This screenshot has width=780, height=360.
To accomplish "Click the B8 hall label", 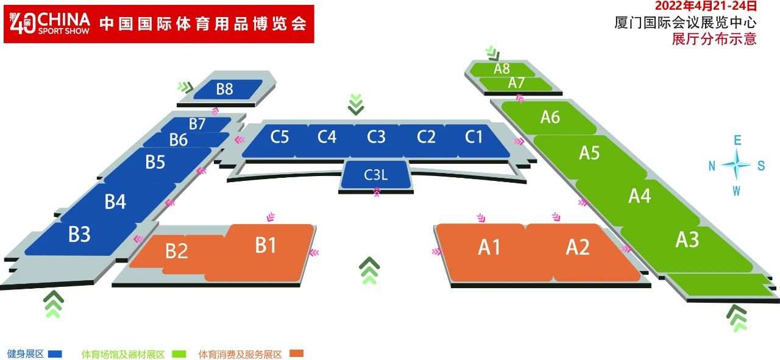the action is pyautogui.click(x=224, y=89).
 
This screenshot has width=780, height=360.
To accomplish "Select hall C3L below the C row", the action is pyautogui.click(x=375, y=175).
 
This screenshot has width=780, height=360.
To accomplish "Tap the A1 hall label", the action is pyautogui.click(x=489, y=247).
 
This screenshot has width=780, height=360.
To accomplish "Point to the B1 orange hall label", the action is pyautogui.click(x=266, y=245).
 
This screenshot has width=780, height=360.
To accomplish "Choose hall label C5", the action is pyautogui.click(x=279, y=137).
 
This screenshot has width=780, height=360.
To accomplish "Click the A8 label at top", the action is pyautogui.click(x=502, y=69).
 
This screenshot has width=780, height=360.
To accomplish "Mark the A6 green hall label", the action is pyautogui.click(x=550, y=117).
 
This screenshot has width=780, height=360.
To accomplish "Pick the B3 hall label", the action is pyautogui.click(x=79, y=234).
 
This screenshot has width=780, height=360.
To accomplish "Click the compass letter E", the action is pyautogui.click(x=737, y=140).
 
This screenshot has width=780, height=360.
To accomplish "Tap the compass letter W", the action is pyautogui.click(x=736, y=191).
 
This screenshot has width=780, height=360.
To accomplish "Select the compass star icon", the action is pyautogui.click(x=736, y=164).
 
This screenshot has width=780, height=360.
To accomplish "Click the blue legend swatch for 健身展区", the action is pyautogui.click(x=55, y=354).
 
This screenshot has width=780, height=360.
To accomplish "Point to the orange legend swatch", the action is pyautogui.click(x=297, y=354).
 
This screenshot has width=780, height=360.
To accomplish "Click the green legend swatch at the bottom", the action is pyautogui.click(x=179, y=354).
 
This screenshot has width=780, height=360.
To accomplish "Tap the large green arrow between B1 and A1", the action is pyautogui.click(x=369, y=270).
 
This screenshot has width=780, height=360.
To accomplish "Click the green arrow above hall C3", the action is pyautogui.click(x=356, y=104).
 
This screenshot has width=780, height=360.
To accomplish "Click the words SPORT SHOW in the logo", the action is pyautogui.click(x=64, y=31).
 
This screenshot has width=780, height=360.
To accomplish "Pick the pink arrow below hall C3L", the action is pyautogui.click(x=377, y=192).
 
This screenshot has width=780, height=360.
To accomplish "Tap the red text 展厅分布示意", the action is pyautogui.click(x=714, y=38).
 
